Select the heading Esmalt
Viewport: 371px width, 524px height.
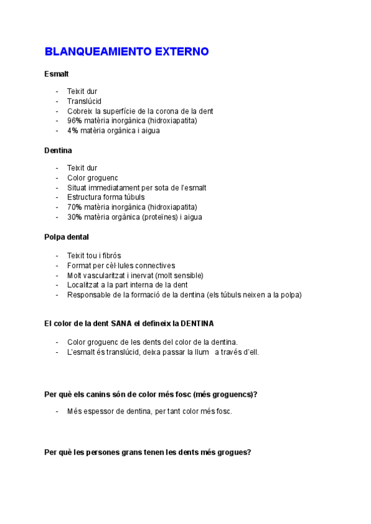click(56, 74)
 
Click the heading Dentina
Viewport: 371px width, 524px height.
click(58, 150)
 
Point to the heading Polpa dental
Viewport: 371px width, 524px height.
click(66, 237)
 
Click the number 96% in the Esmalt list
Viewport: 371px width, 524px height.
click(75, 121)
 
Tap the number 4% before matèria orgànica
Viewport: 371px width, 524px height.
click(73, 131)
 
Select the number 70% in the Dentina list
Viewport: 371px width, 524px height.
click(75, 207)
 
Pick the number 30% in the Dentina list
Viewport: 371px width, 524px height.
click(75, 218)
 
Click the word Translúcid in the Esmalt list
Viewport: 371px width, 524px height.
click(84, 101)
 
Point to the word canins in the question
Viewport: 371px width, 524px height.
click(87, 394)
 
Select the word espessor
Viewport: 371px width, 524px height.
click(98, 412)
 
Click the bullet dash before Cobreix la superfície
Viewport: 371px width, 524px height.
click(58, 111)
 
